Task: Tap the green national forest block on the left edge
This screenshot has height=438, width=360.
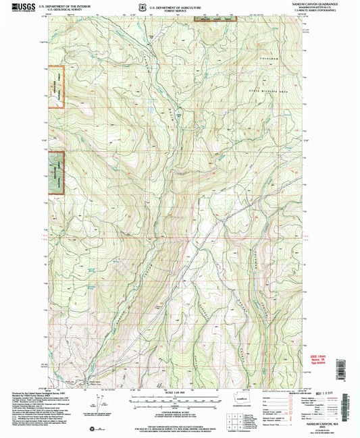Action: coord(55,173)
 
